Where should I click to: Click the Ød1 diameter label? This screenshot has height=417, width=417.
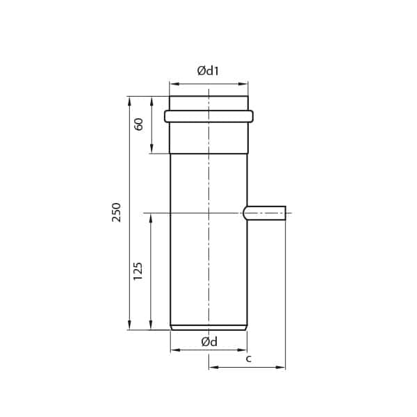coord(208,71)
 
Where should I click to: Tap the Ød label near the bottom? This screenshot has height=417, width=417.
coord(209,342)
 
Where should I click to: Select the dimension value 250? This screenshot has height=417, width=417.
coord(116,213)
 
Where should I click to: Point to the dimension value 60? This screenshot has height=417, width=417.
coord(138,124)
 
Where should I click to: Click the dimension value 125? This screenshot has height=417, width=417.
coord(138,271)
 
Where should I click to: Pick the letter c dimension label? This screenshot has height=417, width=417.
coord(249,359)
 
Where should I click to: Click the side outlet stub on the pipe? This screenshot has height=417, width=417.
coord(264,213)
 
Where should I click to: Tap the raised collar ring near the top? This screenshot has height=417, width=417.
coord(208,116)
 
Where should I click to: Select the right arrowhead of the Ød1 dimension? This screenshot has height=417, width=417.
coord(243,84)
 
